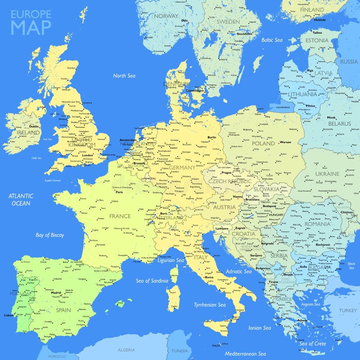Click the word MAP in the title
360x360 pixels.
tap(31, 27)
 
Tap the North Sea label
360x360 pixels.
tap(124, 76)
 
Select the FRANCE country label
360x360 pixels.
tap(120, 216)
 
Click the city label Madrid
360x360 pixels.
tap(56, 292)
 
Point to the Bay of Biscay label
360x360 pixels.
tap(50, 235)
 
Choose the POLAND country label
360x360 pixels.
tap(263, 143)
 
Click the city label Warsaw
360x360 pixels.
tap(286, 142)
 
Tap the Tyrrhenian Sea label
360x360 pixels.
tap(209, 305)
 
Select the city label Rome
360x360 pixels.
tap(209, 277)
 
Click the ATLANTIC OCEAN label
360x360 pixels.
tap(21, 199)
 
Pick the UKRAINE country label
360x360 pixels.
tap(327, 174)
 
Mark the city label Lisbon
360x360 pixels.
tap(8, 315)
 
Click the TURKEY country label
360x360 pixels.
tap(348, 310)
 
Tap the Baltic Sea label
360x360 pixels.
tap(272, 40)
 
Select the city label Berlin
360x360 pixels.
tap(211, 137)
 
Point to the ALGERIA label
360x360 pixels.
tap(126, 350)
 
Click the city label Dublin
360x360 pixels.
tap(34, 126)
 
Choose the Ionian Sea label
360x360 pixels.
tap(260, 328)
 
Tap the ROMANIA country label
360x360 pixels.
tap(317, 224)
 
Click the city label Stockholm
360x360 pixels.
tap(244, 34)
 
